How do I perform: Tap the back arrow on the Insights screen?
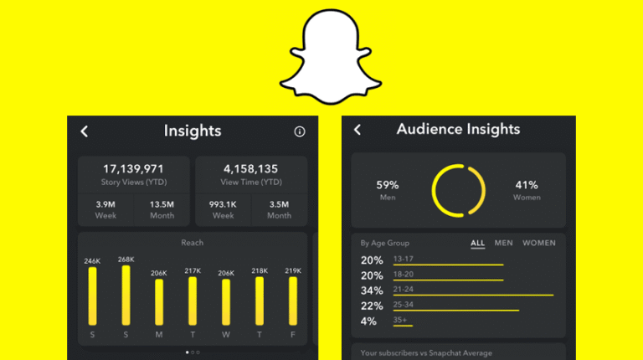coord(84,131)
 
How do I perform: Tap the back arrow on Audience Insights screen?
coord(358,129)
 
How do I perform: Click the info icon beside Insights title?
coord(300,131)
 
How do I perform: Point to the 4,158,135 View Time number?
coord(251,169)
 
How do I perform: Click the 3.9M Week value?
coord(105,203)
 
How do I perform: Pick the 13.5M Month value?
coord(162,203)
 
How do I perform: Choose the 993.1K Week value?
coord(223,203)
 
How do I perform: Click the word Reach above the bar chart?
coord(193,243)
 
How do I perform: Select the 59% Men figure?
coord(388,185)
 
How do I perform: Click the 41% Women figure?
coord(526,185)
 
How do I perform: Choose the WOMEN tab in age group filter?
coord(538,243)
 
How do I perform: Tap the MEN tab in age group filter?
coord(504,243)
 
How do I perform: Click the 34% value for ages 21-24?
coord(372,291)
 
